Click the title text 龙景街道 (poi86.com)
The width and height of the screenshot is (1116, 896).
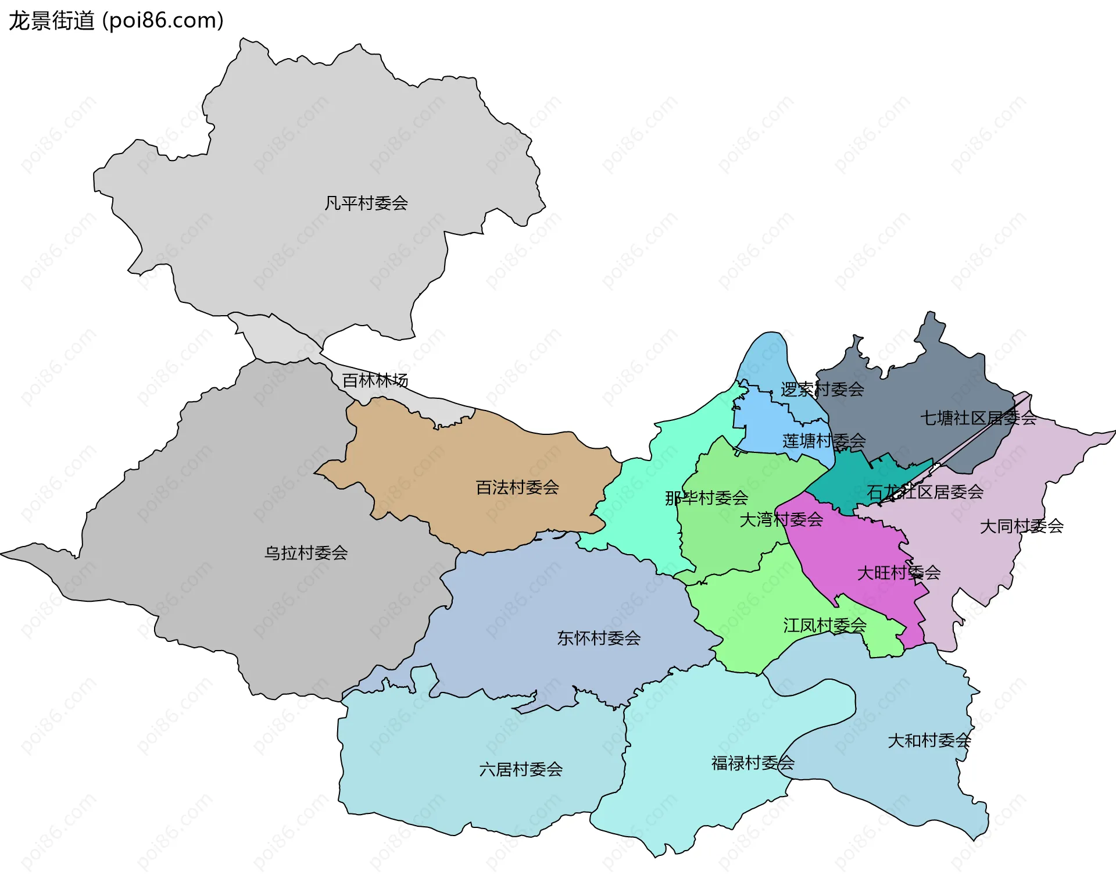point(116,21)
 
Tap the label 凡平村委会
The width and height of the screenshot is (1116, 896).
point(366,204)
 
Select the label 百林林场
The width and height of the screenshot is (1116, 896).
point(375,380)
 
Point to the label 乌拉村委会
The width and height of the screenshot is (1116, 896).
point(306,553)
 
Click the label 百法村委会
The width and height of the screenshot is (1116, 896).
point(517,487)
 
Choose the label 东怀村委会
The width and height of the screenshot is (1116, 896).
point(599,638)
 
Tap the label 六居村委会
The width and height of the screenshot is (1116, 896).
point(520,770)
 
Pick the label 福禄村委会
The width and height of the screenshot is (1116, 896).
point(752,763)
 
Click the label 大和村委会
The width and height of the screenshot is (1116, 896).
point(929,741)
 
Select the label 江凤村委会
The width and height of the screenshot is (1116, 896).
point(824,626)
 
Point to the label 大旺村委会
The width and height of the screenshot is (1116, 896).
point(899,573)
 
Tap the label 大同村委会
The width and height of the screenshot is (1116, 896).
point(1021,526)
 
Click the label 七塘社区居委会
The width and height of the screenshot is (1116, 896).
point(978,418)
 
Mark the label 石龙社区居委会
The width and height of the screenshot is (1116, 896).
point(925,492)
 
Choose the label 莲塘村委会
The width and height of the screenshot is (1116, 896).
point(824,441)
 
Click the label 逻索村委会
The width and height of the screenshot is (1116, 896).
point(822,390)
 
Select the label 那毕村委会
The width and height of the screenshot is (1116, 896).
point(706,498)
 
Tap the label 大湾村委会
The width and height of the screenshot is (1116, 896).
point(781,519)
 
